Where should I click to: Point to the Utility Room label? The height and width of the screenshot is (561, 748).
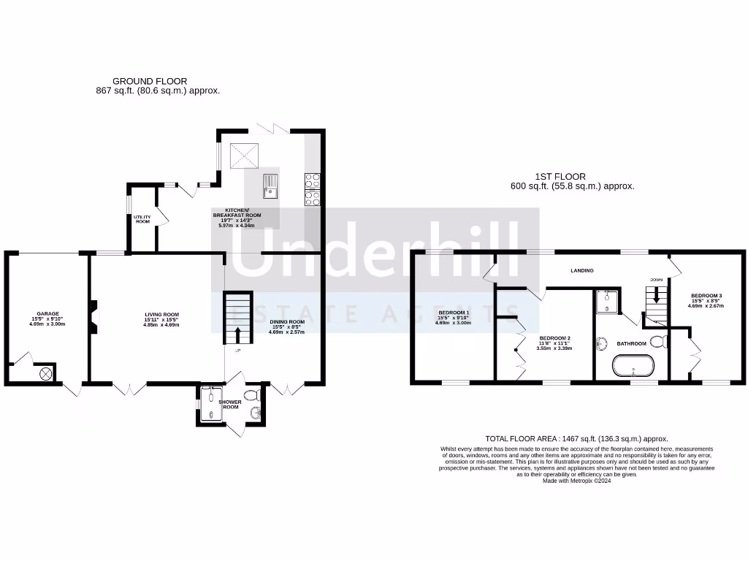[x=142, y=218]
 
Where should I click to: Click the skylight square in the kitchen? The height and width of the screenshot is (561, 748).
[x=245, y=155]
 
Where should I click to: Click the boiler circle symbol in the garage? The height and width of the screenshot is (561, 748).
[x=45, y=373]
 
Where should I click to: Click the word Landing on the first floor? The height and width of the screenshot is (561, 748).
[x=582, y=270]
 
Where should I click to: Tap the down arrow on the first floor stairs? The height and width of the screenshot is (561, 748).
[x=656, y=296]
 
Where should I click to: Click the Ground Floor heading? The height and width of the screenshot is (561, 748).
[x=150, y=81]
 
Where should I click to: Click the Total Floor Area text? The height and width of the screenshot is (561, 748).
[x=576, y=438]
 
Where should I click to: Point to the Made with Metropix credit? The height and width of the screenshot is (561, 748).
[x=576, y=480]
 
